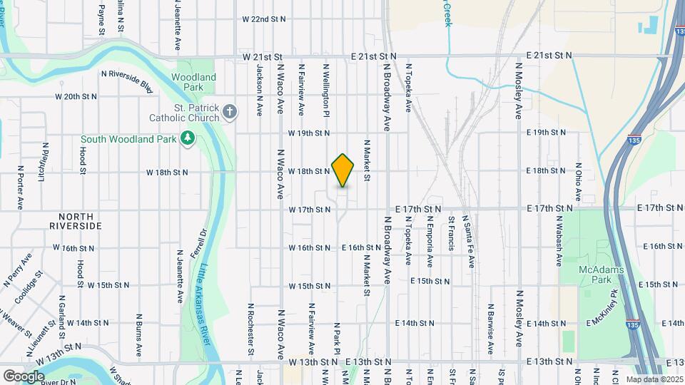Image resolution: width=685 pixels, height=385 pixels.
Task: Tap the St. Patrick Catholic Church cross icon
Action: pyautogui.click(x=229, y=111)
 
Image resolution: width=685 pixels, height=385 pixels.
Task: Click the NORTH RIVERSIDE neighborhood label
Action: pyautogui.click(x=76, y=221)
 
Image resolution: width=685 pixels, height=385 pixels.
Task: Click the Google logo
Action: pyautogui.click(x=24, y=376)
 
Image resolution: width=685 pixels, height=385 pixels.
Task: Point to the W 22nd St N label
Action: pyautogui.click(x=264, y=19)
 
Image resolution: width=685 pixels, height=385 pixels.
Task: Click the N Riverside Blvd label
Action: pyautogui.click(x=127, y=80)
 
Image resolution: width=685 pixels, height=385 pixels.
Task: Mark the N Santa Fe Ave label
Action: pyautogui.click(x=470, y=241)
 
